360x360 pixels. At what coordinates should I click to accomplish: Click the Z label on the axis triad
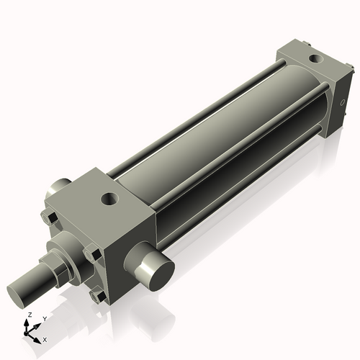(x=29, y=315)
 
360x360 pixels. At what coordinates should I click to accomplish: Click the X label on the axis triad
(x=45, y=338)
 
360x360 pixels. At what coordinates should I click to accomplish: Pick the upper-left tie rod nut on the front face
(x=49, y=219)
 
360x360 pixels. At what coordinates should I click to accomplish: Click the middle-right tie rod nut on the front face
(x=91, y=254)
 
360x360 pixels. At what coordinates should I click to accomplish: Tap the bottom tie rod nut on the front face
(x=97, y=295)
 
